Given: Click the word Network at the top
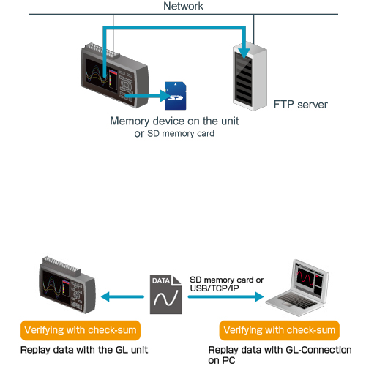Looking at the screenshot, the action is pos(183,6).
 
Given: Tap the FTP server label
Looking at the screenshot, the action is pos(300,105).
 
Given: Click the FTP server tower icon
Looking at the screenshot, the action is pos(250,76).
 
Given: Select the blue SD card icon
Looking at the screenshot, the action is pos(176,96).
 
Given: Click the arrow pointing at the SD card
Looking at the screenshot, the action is pos(146,96).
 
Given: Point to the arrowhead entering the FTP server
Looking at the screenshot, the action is pos(244,53).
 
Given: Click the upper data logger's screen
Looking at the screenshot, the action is pos(101,72).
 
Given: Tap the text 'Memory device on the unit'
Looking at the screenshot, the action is pos(174,121).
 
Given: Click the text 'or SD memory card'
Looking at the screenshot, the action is pos(174,134).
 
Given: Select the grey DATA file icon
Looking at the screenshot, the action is pos(166,294).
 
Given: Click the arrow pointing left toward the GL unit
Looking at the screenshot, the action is pos(122,296).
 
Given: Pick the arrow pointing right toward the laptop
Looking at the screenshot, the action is pos(226,296).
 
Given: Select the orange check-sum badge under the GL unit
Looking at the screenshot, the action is pos(81,330).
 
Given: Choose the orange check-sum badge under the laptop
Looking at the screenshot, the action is pos(280,330).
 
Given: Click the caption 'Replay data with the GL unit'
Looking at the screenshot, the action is pos(84,350).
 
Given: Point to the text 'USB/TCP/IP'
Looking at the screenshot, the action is pos(214,288).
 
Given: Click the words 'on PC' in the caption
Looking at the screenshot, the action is pos(222,360).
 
